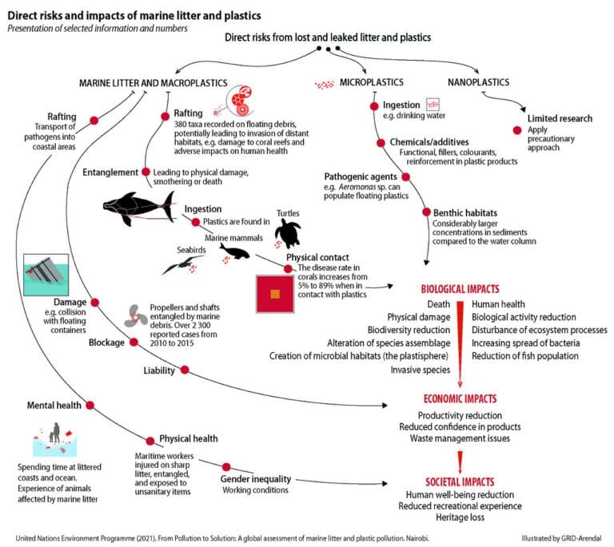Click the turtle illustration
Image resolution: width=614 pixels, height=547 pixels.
click(287, 233)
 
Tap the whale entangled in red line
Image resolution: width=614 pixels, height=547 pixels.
click(136, 208)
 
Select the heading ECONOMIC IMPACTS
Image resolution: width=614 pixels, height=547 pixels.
click(459, 398)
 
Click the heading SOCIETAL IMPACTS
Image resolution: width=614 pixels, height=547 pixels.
click(460, 482)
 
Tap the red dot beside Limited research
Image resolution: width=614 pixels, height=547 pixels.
click(516, 130)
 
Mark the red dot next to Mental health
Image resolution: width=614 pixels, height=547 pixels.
click(89, 405)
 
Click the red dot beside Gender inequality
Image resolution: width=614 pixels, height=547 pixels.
click(226, 467)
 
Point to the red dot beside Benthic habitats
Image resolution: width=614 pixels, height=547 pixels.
click(426, 213)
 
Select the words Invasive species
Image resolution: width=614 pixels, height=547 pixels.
click(420, 370)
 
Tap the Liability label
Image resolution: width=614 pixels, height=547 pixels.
click(159, 370)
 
